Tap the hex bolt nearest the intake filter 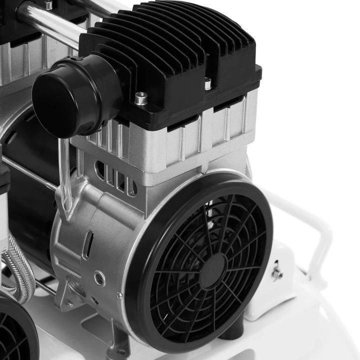click(x=141, y=98)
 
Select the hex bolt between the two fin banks click(x=208, y=83)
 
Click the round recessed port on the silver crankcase click(x=99, y=278)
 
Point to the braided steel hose click(x=20, y=270)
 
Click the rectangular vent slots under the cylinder click(x=118, y=180)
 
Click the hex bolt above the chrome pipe click(x=48, y=5)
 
